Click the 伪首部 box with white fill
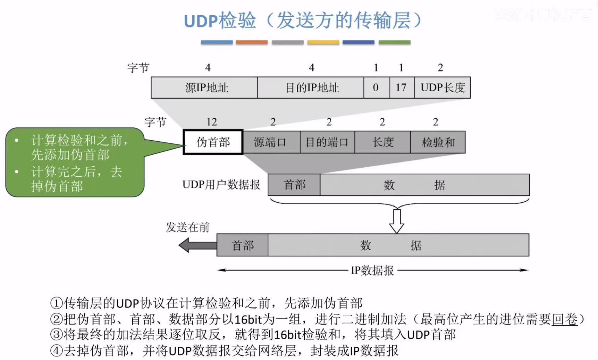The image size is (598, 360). coord(213,142)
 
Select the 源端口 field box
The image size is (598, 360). coord(271,142)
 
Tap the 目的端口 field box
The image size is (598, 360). coord(327,142)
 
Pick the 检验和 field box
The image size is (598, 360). coord(438,142)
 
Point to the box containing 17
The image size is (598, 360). coord(402,87)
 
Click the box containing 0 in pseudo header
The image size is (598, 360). coord(376,87)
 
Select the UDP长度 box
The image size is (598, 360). coord(442,87)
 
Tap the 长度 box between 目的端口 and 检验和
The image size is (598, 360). coord(382,142)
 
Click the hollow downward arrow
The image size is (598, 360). coord(396,220)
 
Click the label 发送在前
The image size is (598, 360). coord(187,227)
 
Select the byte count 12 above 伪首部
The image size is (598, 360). coord(211,122)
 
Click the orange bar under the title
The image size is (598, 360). coord(252,42)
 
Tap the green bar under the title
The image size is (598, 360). coord(395,42)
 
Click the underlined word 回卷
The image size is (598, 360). coord(565,319)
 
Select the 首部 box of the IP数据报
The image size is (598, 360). coord(242,245)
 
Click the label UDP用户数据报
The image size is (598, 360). coord(221,185)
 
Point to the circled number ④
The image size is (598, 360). coord(56,350)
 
